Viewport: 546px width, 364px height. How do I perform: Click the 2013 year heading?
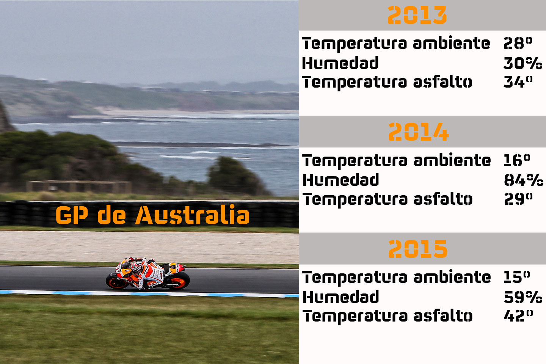coord(417,16)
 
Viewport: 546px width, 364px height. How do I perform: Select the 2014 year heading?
coord(418,132)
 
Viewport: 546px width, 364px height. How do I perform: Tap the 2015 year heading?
coord(418,249)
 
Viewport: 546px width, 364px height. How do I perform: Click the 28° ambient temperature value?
coord(518,43)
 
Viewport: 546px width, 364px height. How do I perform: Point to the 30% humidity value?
coord(522,63)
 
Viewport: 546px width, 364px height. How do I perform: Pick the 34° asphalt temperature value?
coord(518,82)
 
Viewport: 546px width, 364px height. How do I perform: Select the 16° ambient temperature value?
coord(517,160)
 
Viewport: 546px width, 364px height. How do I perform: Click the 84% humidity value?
coord(523,180)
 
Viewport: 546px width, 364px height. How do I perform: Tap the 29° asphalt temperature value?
coord(518,199)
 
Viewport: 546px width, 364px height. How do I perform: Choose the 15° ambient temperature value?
coord(517,277)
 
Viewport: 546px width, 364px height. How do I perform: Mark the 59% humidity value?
coord(523,297)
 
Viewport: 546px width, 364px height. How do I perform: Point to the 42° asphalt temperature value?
coord(518,315)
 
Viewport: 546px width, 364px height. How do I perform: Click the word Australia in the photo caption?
coord(193,215)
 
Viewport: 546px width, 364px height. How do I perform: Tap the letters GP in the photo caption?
coord(72,215)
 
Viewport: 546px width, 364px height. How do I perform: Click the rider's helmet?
coord(136,268)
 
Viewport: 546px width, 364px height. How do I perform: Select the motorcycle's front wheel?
coord(115,281)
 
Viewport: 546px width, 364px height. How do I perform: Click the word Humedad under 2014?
coord(340,180)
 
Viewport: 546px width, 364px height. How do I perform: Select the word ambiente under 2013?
coord(451,43)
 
